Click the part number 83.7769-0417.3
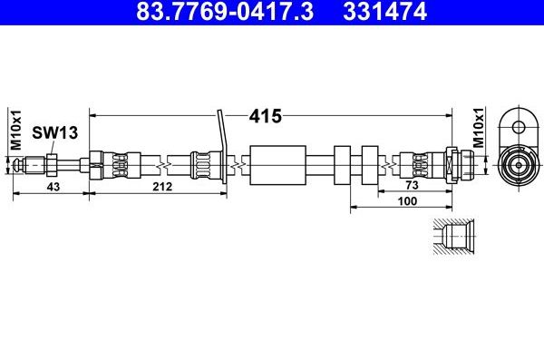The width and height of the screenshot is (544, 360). coord(211,12)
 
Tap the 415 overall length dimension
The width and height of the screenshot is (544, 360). coord(266,116)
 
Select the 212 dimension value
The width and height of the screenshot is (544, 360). coord(163,186)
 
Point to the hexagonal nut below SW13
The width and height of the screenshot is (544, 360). coord(53,164)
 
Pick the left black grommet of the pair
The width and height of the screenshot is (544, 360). coord(343,164)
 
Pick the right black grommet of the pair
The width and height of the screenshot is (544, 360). coord(370,164)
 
